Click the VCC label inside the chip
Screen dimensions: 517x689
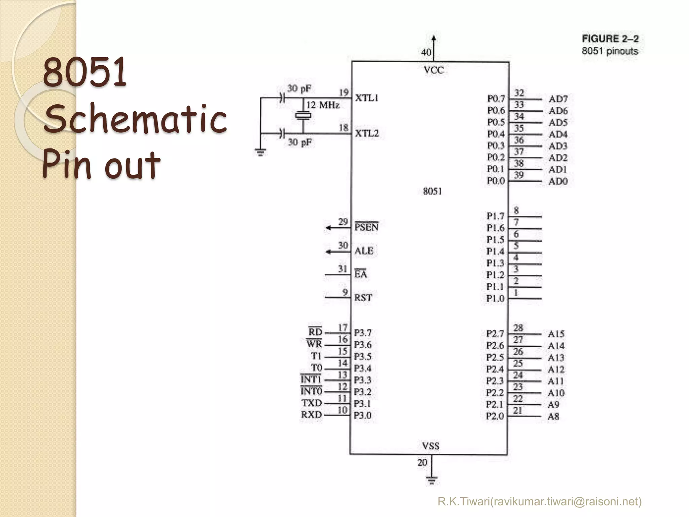click(x=434, y=70)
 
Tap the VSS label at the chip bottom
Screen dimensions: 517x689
click(x=431, y=446)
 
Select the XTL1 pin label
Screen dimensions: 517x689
click(x=367, y=98)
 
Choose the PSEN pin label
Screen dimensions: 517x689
click(x=366, y=227)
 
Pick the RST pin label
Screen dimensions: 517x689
click(x=363, y=298)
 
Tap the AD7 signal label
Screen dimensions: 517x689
click(x=558, y=99)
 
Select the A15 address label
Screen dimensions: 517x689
click(x=556, y=334)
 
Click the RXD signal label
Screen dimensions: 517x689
click(x=312, y=415)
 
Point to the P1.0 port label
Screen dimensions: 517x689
click(x=495, y=299)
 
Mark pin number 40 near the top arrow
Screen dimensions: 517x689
click(x=426, y=52)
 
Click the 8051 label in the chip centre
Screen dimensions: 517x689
click(x=432, y=191)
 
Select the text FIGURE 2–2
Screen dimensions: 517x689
click(x=610, y=39)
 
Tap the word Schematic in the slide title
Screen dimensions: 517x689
click(x=136, y=118)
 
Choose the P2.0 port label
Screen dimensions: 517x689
click(x=495, y=416)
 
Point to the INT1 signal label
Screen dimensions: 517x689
click(x=311, y=379)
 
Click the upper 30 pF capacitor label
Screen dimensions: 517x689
click(x=299, y=89)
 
